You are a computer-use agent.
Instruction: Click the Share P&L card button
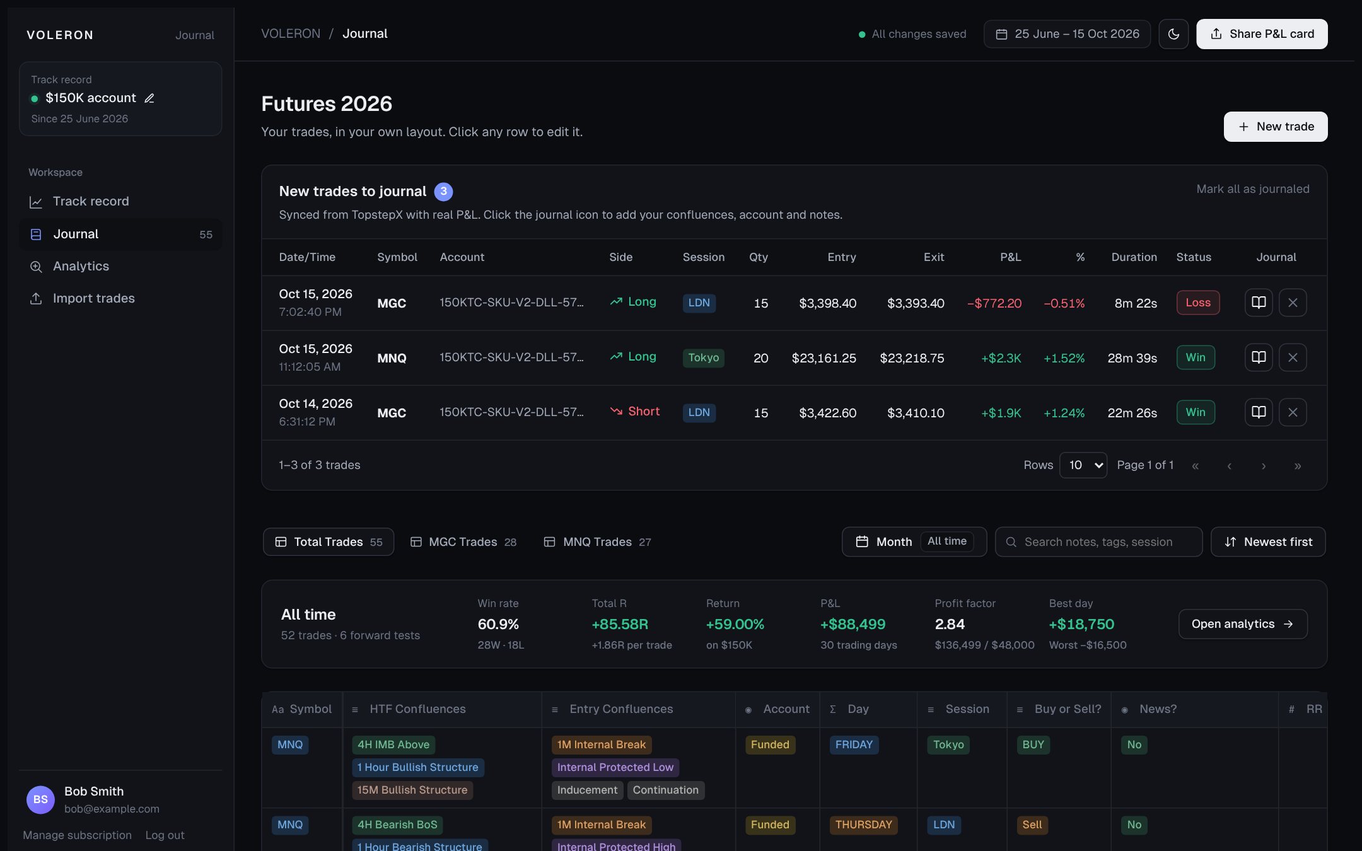coord(1262,34)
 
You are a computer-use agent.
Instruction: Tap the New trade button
coord(1276,127)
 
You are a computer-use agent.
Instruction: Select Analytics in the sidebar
coord(81,266)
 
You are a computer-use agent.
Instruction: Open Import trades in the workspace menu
coord(93,298)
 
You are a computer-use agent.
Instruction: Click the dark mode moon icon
coord(1173,34)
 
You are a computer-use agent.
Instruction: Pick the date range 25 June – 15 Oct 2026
coord(1067,34)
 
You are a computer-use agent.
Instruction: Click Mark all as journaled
coord(1253,189)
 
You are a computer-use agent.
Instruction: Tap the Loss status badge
coord(1198,303)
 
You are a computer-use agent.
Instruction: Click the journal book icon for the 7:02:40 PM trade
coord(1259,303)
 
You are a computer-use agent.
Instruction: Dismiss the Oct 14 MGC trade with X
coord(1293,412)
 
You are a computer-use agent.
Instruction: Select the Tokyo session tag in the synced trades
coord(704,357)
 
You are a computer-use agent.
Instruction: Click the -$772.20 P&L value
coord(994,303)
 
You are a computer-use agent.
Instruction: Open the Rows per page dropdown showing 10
coord(1083,465)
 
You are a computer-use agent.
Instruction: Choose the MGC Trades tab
coord(463,542)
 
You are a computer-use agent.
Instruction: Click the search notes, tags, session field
coord(1098,542)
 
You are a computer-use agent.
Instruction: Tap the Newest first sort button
coord(1268,542)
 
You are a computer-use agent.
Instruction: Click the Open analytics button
coord(1243,624)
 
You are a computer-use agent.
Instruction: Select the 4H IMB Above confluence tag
coord(393,744)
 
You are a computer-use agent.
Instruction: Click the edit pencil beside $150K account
coord(149,98)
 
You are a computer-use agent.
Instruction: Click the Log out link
coord(165,835)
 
